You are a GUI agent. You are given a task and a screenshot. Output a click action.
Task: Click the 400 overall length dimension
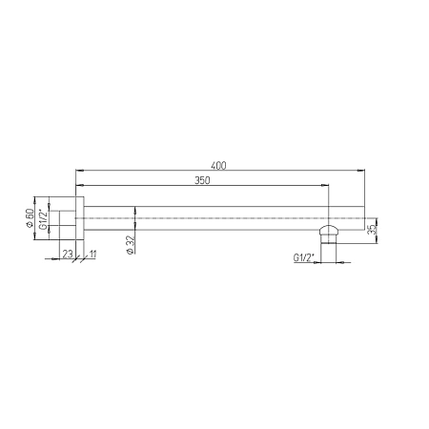(218, 166)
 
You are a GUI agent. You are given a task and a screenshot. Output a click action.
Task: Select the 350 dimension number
(202, 180)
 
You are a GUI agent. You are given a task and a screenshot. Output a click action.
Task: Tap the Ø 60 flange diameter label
(30, 217)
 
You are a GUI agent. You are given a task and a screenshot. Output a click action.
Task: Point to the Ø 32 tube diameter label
(131, 245)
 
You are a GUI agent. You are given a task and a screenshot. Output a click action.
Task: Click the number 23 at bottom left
(68, 254)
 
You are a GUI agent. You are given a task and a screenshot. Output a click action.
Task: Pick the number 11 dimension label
(93, 254)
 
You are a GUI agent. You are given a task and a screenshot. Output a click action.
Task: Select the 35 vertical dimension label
(372, 230)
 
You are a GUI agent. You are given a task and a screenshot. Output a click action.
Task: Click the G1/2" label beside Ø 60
(43, 218)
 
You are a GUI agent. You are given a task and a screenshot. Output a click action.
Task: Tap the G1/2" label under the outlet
(303, 257)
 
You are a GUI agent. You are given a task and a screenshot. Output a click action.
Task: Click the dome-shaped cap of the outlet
(328, 230)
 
